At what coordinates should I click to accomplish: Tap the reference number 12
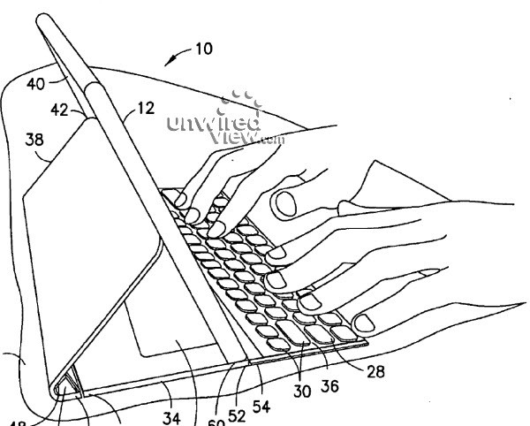coord(145,109)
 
